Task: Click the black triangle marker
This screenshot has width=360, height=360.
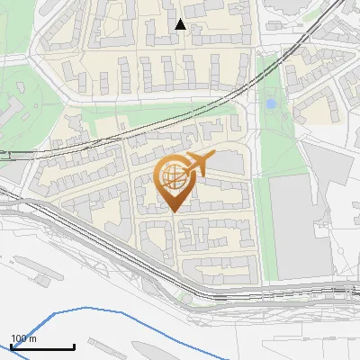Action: (x=180, y=24)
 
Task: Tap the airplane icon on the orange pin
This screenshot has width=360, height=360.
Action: (x=197, y=163)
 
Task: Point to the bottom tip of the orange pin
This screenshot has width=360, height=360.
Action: (x=173, y=212)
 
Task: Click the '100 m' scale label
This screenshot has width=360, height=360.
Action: (x=24, y=338)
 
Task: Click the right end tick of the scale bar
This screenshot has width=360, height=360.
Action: (x=74, y=346)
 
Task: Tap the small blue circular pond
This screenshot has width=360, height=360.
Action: (x=271, y=104)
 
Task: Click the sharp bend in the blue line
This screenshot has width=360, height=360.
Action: (x=54, y=314)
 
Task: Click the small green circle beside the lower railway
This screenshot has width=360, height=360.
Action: (x=185, y=295)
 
